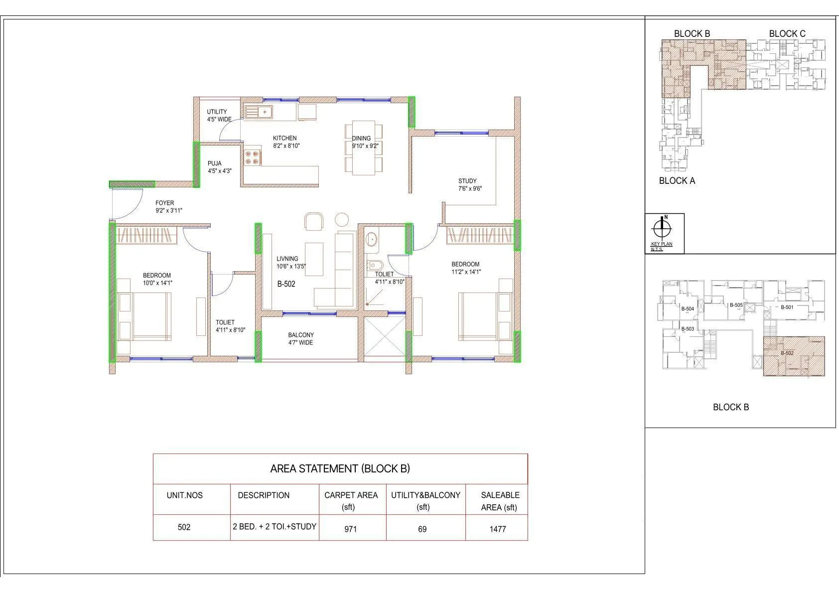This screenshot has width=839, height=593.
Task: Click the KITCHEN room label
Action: pyautogui.click(x=284, y=138)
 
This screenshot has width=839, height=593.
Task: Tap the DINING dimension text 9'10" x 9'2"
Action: pyautogui.click(x=361, y=146)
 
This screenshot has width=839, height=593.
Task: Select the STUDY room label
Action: pyautogui.click(x=467, y=181)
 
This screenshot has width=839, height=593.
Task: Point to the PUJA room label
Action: pyautogui.click(x=215, y=163)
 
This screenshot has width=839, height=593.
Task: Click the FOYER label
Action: pyautogui.click(x=164, y=203)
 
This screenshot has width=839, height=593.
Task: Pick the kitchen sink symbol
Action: pyautogui.click(x=258, y=112)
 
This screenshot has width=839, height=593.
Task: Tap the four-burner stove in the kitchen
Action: pyautogui.click(x=252, y=157)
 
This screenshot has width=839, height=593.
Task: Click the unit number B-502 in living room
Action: pyautogui.click(x=286, y=284)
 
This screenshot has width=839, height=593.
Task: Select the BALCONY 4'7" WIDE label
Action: pyautogui.click(x=301, y=339)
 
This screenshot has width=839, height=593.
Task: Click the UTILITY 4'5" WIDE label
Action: pyautogui.click(x=218, y=116)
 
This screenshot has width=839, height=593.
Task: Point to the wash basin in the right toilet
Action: pyautogui.click(x=371, y=240)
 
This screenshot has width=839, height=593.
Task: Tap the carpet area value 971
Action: pyautogui.click(x=350, y=529)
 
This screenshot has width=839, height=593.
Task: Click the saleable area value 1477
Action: pyautogui.click(x=497, y=529)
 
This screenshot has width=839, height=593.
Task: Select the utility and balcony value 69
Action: pyautogui.click(x=422, y=529)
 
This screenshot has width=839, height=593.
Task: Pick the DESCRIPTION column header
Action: pyautogui.click(x=264, y=495)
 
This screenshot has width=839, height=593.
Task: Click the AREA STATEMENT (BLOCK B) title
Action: pyautogui.click(x=340, y=468)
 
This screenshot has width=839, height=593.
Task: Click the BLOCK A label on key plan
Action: pyautogui.click(x=677, y=181)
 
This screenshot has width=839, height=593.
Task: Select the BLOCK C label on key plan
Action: pyautogui.click(x=787, y=33)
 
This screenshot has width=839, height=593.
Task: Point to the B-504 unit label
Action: pyautogui.click(x=688, y=309)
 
